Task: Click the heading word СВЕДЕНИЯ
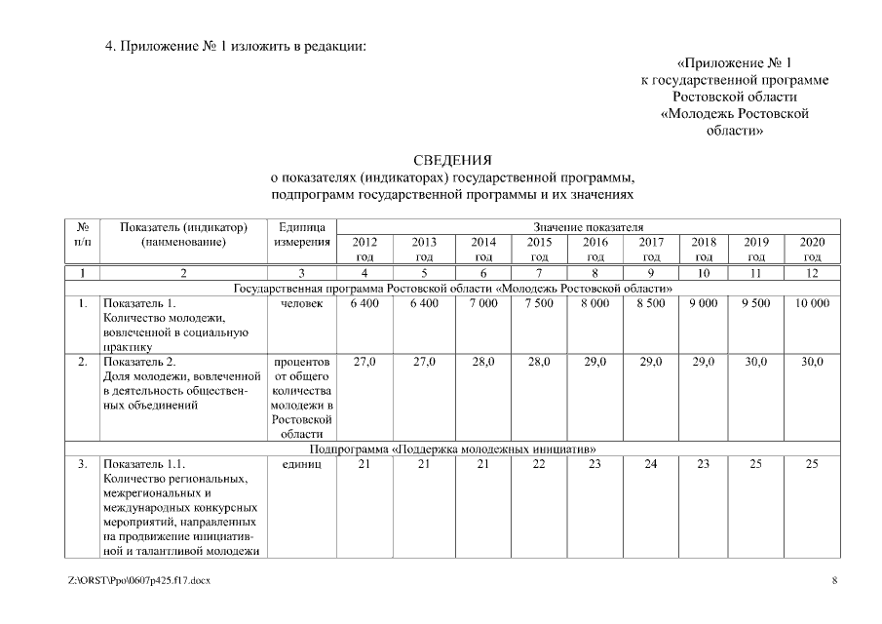pyautogui.click(x=452, y=160)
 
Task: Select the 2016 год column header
pyautogui.click(x=594, y=249)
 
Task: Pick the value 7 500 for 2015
pyautogui.click(x=539, y=303)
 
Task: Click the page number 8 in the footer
pyautogui.click(x=833, y=581)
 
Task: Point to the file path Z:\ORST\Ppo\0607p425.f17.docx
pyautogui.click(x=138, y=581)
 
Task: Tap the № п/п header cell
pyautogui.click(x=83, y=234)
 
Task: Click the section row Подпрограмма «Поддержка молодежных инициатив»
pyautogui.click(x=452, y=448)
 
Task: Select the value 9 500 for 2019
pyautogui.click(x=755, y=303)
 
